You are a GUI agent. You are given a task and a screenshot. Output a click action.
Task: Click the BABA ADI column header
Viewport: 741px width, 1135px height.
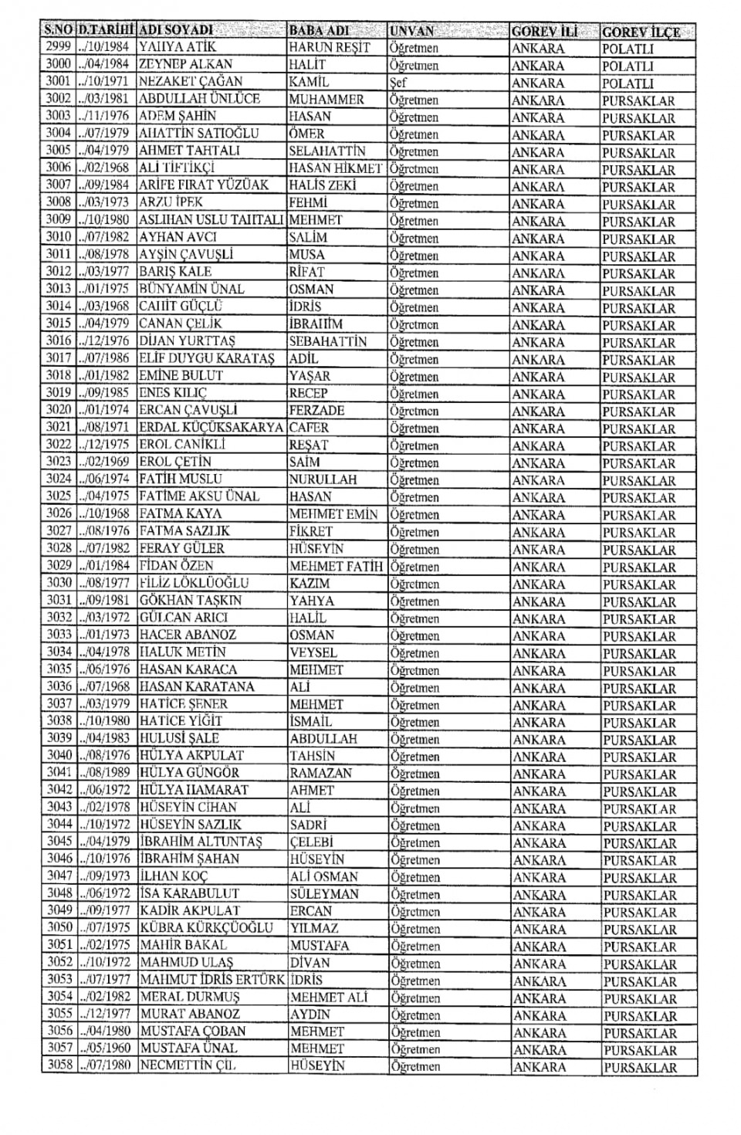coord(318,31)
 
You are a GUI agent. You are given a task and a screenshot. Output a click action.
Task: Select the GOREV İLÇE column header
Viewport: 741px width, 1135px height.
coord(641,32)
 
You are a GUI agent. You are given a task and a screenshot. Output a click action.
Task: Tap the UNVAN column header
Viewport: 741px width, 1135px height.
coord(412,32)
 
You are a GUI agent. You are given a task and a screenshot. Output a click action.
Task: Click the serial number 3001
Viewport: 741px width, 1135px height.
coord(59,81)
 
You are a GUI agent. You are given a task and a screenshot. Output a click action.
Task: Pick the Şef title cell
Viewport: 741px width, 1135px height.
coord(398,83)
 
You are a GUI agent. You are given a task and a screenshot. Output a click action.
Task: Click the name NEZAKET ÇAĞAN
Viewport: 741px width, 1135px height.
coord(190,81)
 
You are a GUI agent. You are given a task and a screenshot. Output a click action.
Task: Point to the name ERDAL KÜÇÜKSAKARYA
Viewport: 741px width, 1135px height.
coord(211,427)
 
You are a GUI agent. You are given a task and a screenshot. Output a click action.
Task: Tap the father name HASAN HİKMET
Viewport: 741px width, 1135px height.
coord(335,168)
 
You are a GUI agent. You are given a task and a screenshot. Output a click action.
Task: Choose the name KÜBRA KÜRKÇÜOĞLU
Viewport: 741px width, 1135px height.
coord(206,927)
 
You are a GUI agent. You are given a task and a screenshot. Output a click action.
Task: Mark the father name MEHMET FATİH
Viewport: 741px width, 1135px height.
coord(336,566)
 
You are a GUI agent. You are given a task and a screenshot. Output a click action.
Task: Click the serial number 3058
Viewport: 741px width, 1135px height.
coord(59,1066)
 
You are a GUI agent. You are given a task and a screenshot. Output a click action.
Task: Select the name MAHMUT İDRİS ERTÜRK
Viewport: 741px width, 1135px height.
coord(212,980)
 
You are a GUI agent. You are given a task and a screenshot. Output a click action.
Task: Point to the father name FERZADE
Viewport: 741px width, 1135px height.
coord(316,410)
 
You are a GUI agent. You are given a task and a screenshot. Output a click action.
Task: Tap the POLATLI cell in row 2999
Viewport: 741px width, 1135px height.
coord(628,49)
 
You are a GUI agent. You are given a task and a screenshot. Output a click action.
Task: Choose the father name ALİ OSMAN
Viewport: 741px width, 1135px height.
coord(324,876)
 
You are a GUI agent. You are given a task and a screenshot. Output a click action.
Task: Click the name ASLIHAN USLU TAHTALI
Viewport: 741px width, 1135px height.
coord(211,219)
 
